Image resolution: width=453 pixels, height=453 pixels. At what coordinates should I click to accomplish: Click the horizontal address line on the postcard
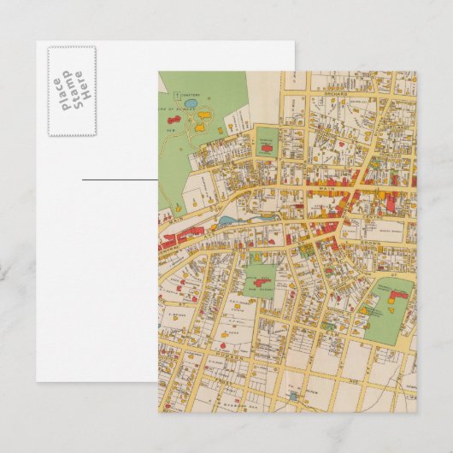(120, 179)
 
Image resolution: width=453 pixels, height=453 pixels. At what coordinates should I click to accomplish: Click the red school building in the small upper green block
(266, 148)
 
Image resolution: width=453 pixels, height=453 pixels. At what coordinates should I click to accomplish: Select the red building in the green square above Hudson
(261, 281)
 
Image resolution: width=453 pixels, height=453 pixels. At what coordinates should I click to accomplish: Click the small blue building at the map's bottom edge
(293, 395)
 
